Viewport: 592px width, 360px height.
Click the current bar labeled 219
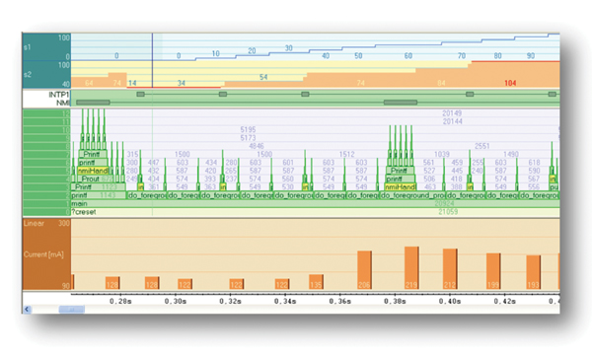pos(409,267)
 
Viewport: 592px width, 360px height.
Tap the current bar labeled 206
pos(363,269)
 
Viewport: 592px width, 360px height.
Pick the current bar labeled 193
pos(533,271)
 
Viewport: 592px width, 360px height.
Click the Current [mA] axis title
pos(44,255)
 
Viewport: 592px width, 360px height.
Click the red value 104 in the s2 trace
pos(510,84)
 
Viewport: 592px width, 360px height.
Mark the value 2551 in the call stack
pos(482,145)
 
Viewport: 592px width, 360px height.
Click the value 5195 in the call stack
pos(249,129)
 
